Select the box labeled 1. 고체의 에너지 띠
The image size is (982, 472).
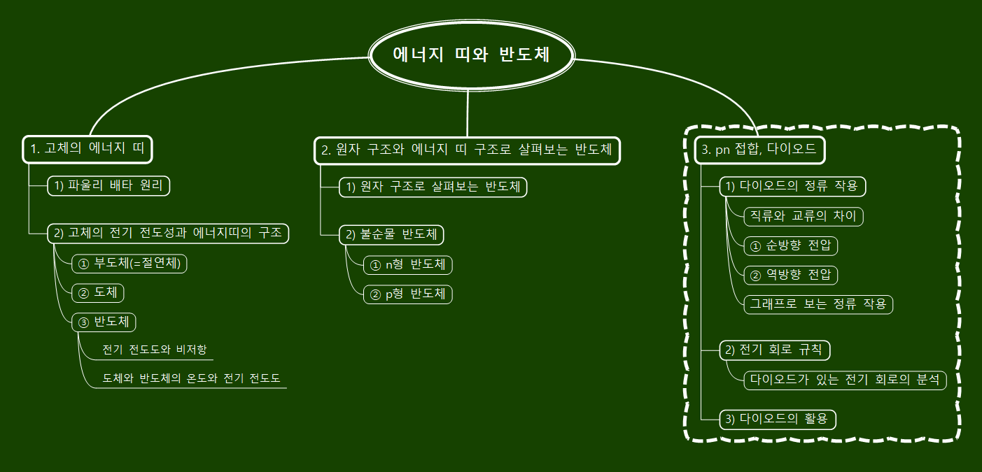coord(87,149)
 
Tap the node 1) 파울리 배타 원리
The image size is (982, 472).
coord(108,186)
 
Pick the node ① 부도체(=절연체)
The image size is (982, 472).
coord(129,263)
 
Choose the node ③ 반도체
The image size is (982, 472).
coord(104,322)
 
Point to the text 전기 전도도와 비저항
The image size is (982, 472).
coord(154,350)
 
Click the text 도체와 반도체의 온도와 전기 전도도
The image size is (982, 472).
coord(191,378)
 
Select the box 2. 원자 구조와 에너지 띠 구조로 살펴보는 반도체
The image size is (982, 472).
coord(467,150)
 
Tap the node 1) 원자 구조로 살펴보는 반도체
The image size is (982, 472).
coord(433,187)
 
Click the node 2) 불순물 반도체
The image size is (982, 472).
coord(392,234)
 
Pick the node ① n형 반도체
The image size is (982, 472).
coord(408,265)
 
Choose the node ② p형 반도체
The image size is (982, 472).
coord(408,294)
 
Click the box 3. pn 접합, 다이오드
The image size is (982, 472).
coord(759,150)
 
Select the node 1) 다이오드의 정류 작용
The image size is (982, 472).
coord(793,187)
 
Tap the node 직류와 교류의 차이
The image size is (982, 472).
coord(803,216)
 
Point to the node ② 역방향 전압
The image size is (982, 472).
coord(790,275)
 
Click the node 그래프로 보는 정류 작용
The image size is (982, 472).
coord(818,304)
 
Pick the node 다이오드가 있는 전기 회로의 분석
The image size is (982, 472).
coord(845,380)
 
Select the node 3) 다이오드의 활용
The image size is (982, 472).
coord(778,420)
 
